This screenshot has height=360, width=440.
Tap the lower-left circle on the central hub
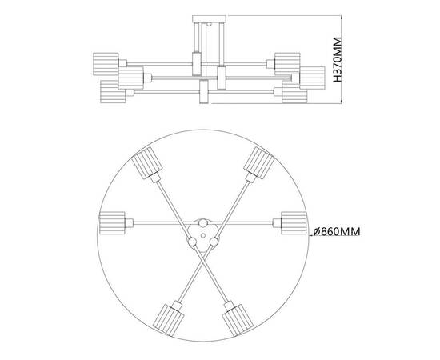[191, 238]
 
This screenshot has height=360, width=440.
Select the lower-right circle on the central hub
[214, 238]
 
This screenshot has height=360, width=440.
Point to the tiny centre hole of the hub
[203, 232]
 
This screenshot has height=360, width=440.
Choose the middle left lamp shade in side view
[129, 78]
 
